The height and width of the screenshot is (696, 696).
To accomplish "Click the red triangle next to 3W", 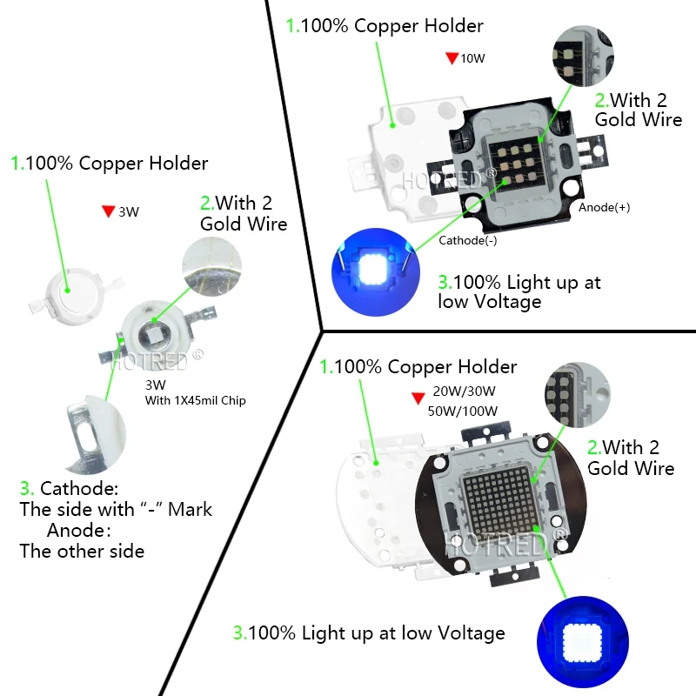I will [109, 211].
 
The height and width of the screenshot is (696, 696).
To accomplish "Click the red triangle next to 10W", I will [452, 58].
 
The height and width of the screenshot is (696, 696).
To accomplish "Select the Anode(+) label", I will [604, 209].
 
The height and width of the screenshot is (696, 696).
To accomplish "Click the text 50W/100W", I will [466, 412].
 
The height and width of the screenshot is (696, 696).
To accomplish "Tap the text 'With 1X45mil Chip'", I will [195, 401].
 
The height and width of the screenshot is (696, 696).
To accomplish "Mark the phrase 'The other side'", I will [82, 551].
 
